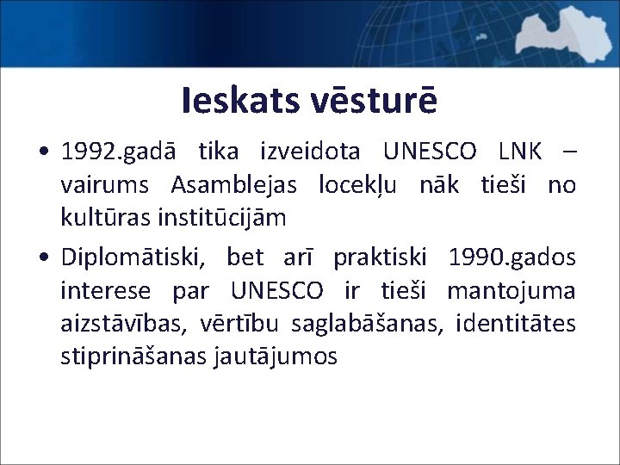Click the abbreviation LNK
520,153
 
